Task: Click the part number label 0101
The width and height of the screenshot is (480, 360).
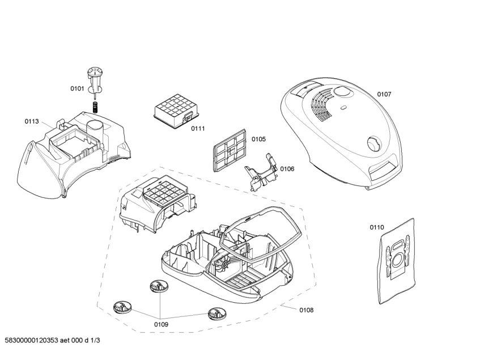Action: pos(77,88)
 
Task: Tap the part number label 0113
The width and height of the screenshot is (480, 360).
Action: pos(31,121)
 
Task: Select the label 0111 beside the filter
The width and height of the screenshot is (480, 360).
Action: pos(197,129)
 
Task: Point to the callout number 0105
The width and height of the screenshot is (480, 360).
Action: pos(258,139)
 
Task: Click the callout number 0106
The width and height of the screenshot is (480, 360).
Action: pos(287,168)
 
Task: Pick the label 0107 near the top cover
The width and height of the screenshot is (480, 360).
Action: pos(384,94)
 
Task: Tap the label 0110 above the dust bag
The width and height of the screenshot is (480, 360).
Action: pos(377,227)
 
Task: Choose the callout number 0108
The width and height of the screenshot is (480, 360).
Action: pos(306,310)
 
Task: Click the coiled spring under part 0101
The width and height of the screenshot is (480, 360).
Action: pos(96,106)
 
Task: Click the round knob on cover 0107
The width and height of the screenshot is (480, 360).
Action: pos(374,143)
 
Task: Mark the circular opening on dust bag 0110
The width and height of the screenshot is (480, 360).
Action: pos(398,261)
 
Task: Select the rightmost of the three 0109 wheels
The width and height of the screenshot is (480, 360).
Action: pos(216,312)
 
